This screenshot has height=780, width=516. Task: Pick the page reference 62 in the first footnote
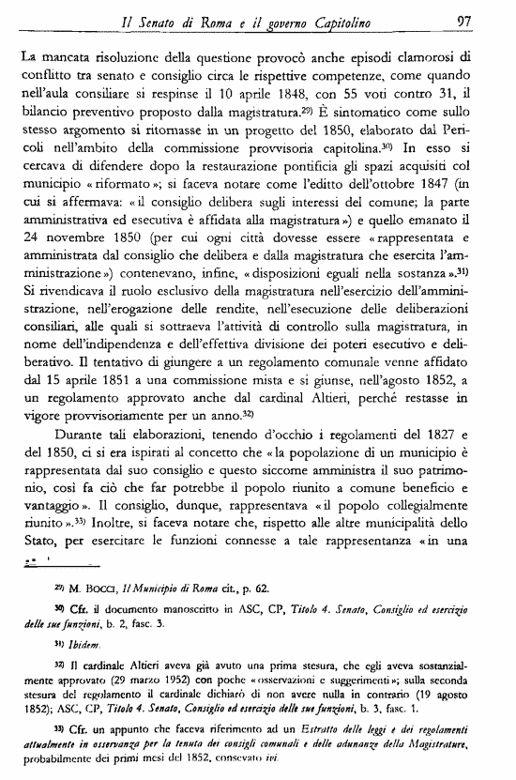[262, 589]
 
